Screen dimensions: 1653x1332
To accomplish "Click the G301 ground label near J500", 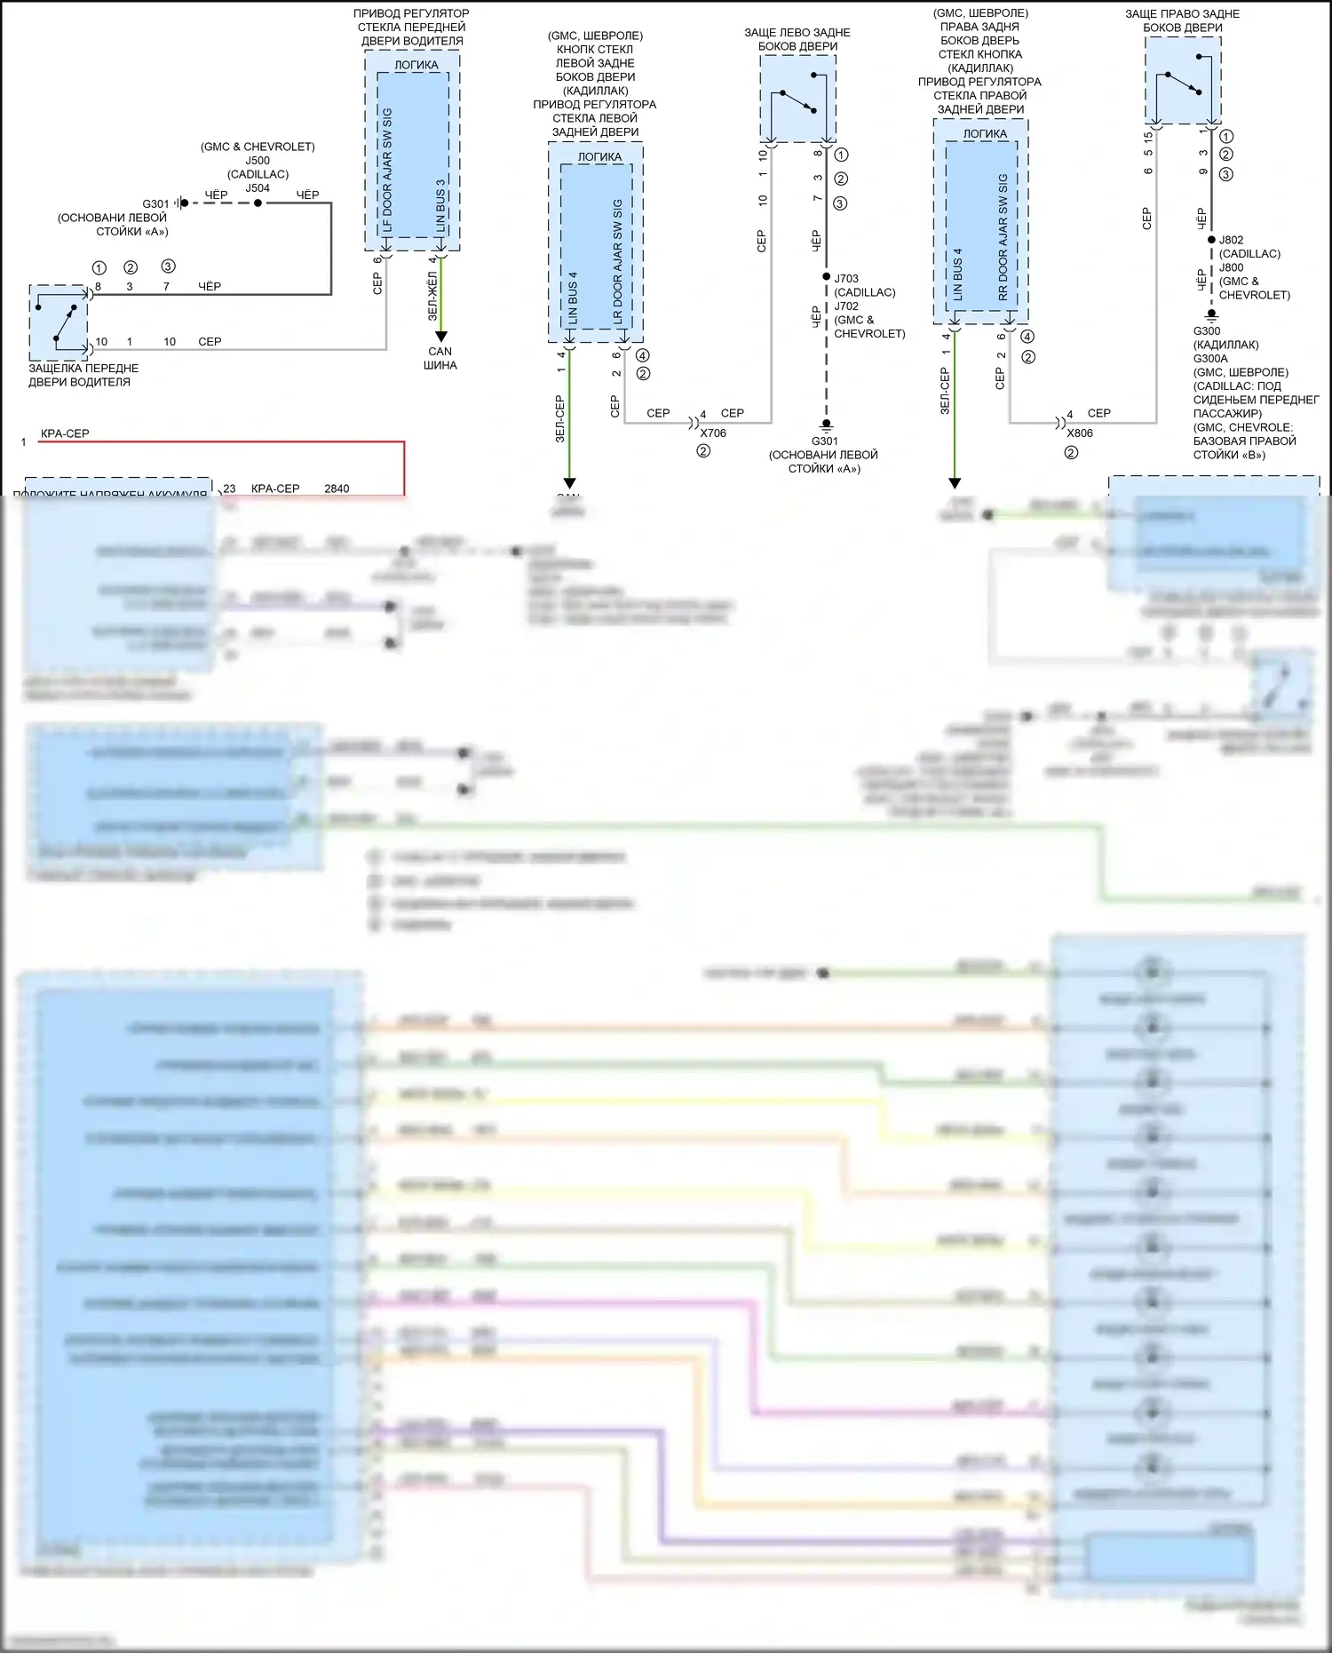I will [x=155, y=204].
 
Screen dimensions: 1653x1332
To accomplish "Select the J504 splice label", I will [x=258, y=188].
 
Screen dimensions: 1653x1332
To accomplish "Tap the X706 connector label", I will [x=713, y=433].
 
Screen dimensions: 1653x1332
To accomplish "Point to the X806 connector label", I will [x=1080, y=433].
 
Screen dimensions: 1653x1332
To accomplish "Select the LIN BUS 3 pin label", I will [x=440, y=206].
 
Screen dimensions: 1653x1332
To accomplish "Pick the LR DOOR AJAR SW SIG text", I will [x=617, y=261].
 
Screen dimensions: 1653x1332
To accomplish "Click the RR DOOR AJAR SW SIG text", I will [x=1003, y=237].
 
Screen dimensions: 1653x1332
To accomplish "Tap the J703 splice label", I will [x=846, y=279].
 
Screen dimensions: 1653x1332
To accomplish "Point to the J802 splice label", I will [x=1231, y=240].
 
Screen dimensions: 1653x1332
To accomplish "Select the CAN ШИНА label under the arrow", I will [x=440, y=358].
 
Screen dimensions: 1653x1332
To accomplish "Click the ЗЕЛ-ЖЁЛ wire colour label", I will [x=433, y=296].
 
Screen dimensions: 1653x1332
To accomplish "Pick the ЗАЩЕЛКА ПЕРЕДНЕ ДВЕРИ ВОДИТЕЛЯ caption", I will [x=83, y=375].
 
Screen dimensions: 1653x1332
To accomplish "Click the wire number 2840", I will [x=337, y=489].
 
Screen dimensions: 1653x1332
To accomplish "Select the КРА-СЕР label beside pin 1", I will [x=65, y=433].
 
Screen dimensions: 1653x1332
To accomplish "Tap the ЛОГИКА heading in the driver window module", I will [x=416, y=65].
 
